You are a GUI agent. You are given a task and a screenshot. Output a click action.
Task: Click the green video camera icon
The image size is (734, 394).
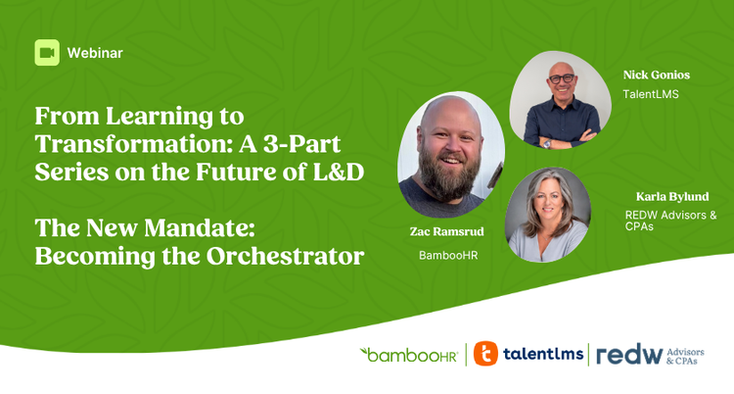[47, 53]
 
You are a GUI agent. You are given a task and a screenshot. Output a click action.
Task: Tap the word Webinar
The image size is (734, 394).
[95, 53]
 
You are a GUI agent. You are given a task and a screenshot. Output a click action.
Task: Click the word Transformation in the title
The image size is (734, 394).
[133, 143]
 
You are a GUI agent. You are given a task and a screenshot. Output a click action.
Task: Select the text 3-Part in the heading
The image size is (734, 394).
[301, 143]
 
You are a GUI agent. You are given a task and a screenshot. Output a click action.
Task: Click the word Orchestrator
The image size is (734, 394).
[285, 256]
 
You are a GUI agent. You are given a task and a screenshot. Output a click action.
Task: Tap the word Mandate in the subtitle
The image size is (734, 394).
[199, 228]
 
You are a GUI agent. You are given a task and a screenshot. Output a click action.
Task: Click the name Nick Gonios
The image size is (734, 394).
[657, 75]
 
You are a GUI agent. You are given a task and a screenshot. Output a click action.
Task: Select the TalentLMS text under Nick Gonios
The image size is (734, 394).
[651, 94]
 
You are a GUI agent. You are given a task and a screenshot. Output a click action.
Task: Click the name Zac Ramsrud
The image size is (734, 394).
[447, 231]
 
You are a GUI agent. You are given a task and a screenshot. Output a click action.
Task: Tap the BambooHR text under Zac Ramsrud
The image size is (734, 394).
[448, 255]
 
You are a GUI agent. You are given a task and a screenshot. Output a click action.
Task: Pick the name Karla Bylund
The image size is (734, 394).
[672, 197]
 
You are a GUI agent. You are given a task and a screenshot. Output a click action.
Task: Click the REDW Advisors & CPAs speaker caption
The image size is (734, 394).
[670, 221]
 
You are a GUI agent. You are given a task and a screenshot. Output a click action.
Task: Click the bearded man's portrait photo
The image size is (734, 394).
[451, 155]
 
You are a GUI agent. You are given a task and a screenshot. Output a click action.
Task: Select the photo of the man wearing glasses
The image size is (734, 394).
[561, 100]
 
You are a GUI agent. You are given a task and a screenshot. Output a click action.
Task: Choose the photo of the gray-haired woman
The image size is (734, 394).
[548, 215]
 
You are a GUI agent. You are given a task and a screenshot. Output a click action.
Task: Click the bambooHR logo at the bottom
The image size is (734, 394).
[408, 355]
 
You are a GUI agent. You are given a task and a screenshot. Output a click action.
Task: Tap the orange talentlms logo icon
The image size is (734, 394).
[485, 354]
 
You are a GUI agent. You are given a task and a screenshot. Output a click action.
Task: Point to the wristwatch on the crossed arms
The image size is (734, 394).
[547, 144]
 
